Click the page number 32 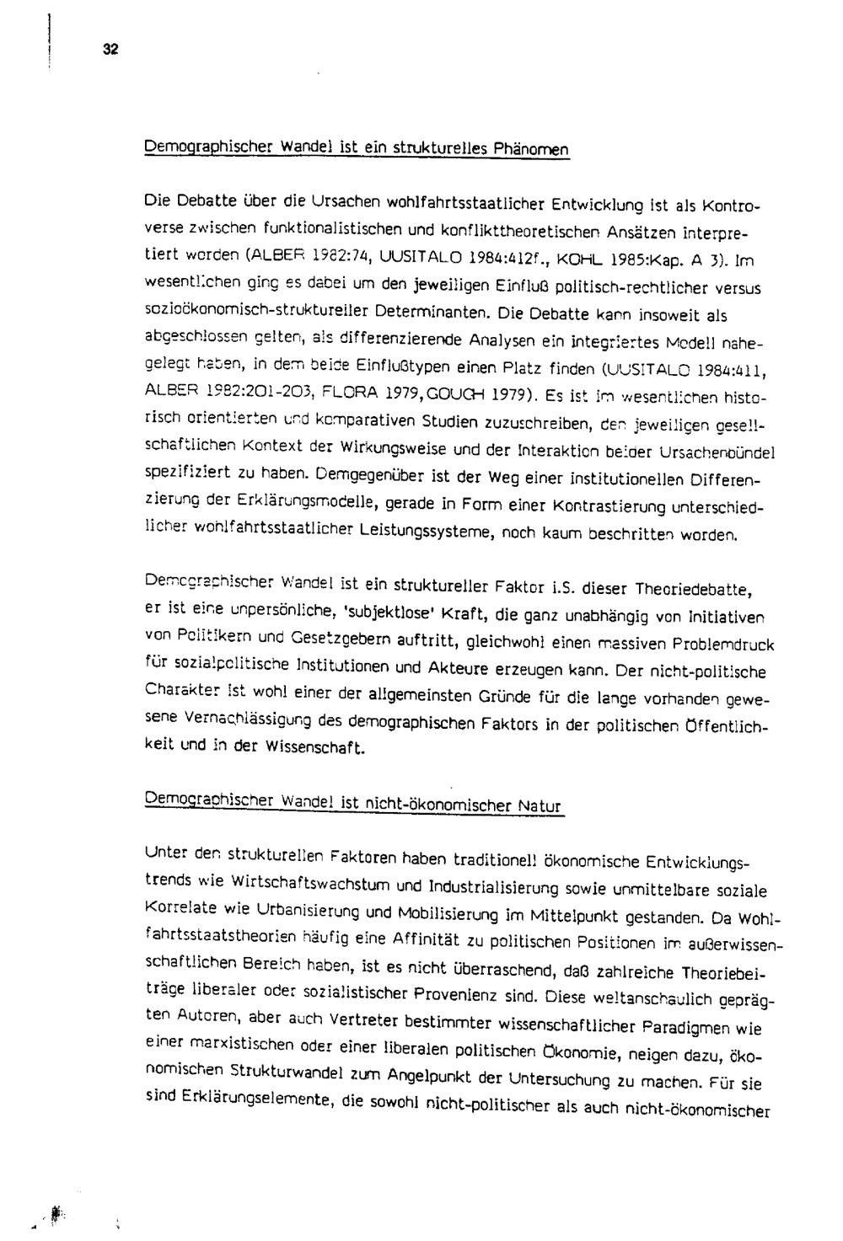110,50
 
